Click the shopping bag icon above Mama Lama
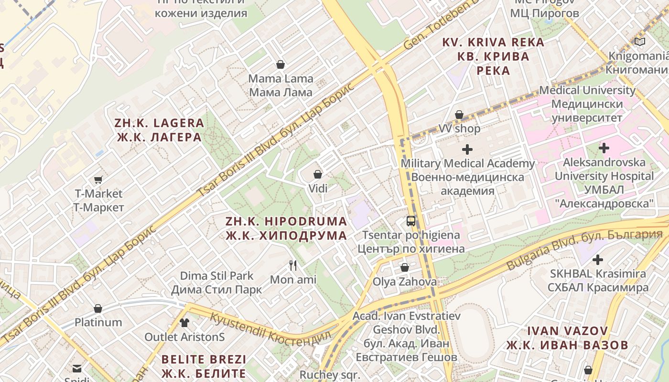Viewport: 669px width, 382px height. (x=281, y=64)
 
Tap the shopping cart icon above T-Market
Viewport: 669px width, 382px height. (x=98, y=180)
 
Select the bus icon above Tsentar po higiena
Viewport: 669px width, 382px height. (x=411, y=221)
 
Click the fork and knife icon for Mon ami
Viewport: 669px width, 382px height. (x=293, y=265)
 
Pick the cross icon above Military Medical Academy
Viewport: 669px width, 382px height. (x=467, y=149)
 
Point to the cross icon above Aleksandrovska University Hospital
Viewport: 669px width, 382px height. (x=604, y=148)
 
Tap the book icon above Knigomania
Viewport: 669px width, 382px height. (x=640, y=42)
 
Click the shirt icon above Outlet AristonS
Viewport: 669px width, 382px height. (x=184, y=322)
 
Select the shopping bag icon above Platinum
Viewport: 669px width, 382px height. (x=98, y=308)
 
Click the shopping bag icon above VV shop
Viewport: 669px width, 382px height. (x=459, y=115)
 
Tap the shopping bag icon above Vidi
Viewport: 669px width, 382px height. (x=318, y=175)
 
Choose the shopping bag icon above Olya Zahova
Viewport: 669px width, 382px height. (x=405, y=267)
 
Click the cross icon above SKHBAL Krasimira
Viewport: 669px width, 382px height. (x=597, y=260)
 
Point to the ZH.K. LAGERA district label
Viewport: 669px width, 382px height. (x=159, y=130)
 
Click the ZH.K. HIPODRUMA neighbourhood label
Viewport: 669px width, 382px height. (x=286, y=228)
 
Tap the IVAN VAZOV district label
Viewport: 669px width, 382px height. (x=568, y=338)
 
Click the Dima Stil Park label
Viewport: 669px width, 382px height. (x=216, y=283)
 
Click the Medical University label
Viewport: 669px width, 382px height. (x=587, y=104)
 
